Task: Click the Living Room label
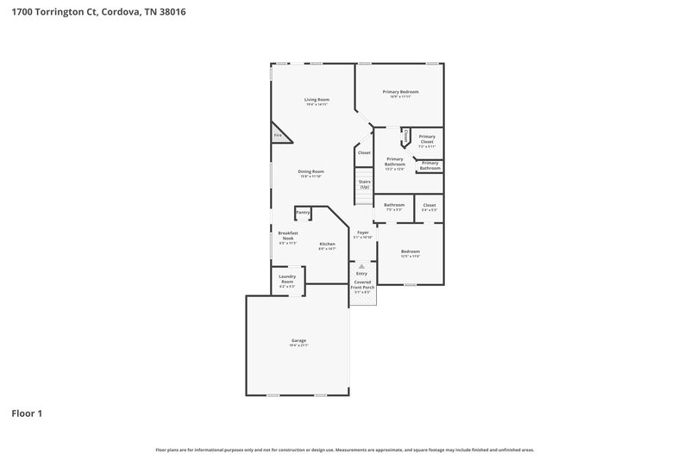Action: pos(317,100)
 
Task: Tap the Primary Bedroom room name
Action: pos(400,91)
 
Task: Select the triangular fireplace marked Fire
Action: pos(279,135)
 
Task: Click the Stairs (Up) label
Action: pos(365,184)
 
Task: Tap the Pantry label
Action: pos(303,212)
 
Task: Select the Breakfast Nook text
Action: pos(287,236)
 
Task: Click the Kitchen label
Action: pos(327,244)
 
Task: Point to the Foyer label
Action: pos(363,233)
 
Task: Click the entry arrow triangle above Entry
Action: pos(361,266)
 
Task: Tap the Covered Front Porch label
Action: pos(361,285)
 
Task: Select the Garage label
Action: pos(298,340)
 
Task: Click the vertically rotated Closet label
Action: pos(405,137)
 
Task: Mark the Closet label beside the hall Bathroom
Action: pos(429,205)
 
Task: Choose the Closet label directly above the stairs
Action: pos(363,153)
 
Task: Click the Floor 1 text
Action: pos(27,413)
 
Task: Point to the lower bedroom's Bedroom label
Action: pos(410,251)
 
